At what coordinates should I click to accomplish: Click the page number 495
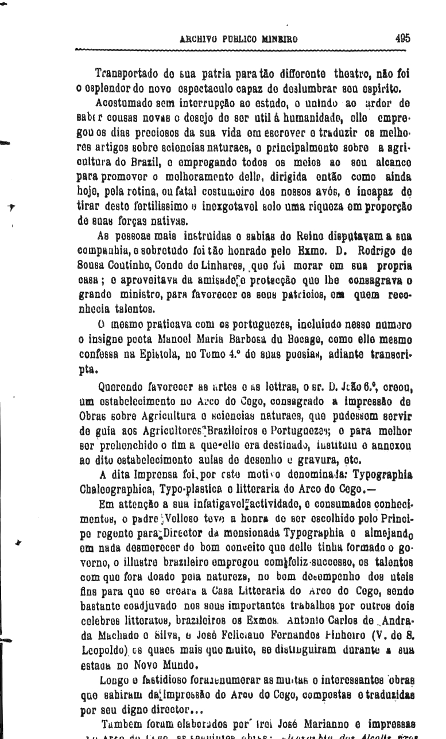402,40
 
